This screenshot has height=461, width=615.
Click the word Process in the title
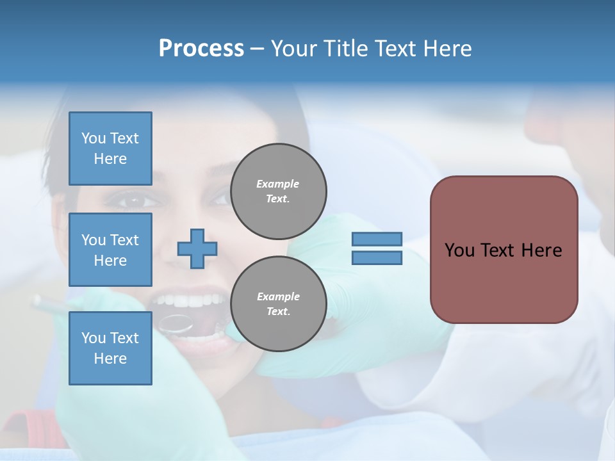click(x=201, y=49)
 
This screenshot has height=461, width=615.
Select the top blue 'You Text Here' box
click(x=110, y=149)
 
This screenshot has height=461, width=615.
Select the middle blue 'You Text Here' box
click(x=110, y=250)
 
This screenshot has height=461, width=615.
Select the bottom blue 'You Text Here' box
click(x=110, y=348)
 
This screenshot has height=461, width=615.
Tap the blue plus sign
click(x=197, y=248)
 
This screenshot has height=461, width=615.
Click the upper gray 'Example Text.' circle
click(x=278, y=191)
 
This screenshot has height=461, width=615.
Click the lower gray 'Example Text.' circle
click(x=278, y=304)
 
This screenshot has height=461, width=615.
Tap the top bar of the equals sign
click(x=377, y=239)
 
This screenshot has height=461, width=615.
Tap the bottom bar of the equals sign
click(x=377, y=258)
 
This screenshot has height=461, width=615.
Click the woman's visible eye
click(x=132, y=200)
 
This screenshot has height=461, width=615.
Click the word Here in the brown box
click(x=542, y=250)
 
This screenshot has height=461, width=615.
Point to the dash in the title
click(x=257, y=49)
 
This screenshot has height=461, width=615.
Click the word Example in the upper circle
click(x=277, y=184)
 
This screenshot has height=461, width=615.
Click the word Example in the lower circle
click(x=278, y=296)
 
